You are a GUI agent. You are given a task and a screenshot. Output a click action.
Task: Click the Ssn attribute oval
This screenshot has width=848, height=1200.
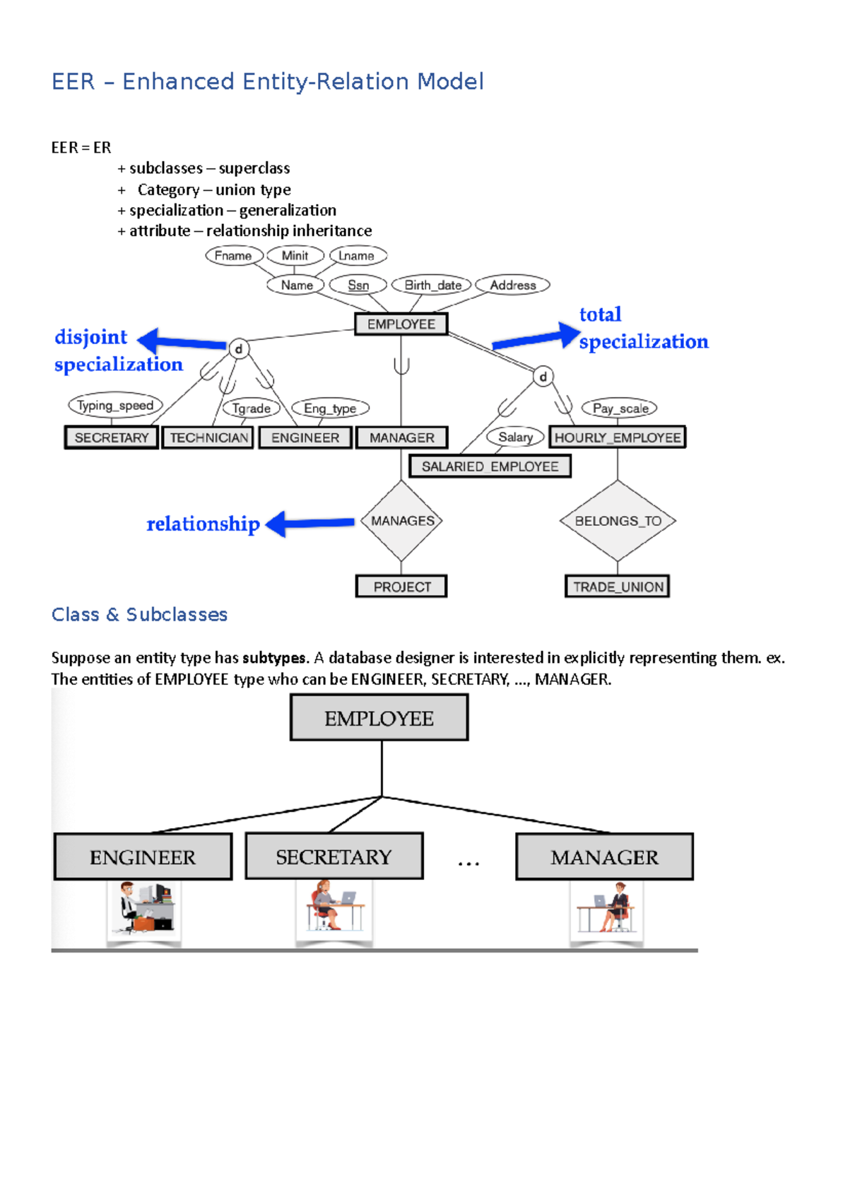[358, 285]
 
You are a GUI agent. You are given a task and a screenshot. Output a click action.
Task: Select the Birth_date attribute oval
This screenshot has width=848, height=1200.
[432, 285]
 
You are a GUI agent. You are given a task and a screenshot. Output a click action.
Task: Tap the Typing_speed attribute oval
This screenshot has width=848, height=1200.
[115, 406]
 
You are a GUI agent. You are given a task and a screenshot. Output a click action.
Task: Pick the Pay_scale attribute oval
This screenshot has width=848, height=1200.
[620, 408]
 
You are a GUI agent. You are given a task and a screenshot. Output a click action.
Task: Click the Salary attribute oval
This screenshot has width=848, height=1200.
[515, 437]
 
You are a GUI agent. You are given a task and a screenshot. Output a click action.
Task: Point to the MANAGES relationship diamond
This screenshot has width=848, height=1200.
[402, 521]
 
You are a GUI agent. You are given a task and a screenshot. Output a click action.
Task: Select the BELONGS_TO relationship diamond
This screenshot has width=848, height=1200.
[618, 521]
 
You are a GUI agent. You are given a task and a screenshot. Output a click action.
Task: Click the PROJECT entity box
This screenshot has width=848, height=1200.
[401, 587]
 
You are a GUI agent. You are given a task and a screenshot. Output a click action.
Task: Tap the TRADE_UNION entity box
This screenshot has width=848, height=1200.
[618, 587]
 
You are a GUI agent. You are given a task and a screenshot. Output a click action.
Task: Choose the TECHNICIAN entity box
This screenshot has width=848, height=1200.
[208, 437]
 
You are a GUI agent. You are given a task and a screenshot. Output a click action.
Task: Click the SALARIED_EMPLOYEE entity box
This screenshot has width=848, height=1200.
[490, 466]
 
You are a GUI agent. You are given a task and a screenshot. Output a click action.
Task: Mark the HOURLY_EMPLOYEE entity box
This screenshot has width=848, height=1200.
[618, 437]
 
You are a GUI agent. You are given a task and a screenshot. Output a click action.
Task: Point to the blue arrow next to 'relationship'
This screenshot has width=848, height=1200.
[311, 524]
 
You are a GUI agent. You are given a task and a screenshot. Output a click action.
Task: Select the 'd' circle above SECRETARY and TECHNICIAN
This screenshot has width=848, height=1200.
[239, 348]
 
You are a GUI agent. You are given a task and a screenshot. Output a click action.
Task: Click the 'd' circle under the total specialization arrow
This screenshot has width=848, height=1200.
[543, 377]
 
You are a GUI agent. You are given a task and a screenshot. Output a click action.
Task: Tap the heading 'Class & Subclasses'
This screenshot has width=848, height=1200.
[139, 615]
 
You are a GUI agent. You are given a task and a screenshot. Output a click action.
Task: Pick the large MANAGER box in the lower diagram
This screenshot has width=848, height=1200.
[604, 857]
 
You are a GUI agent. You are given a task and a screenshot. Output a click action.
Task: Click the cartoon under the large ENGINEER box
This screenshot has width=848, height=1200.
[143, 909]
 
